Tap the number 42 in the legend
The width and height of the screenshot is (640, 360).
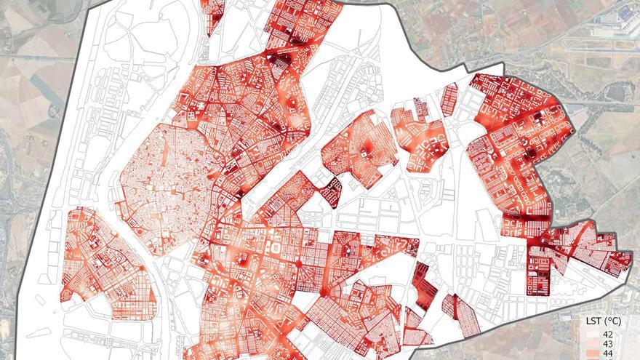click(x=609, y=333)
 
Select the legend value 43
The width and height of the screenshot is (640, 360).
click(x=609, y=343)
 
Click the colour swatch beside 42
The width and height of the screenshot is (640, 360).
click(x=591, y=333)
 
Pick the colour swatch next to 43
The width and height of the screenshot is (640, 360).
click(x=591, y=343)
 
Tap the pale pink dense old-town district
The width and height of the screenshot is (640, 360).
click(x=164, y=182)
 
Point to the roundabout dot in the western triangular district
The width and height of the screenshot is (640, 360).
click(x=140, y=269)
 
